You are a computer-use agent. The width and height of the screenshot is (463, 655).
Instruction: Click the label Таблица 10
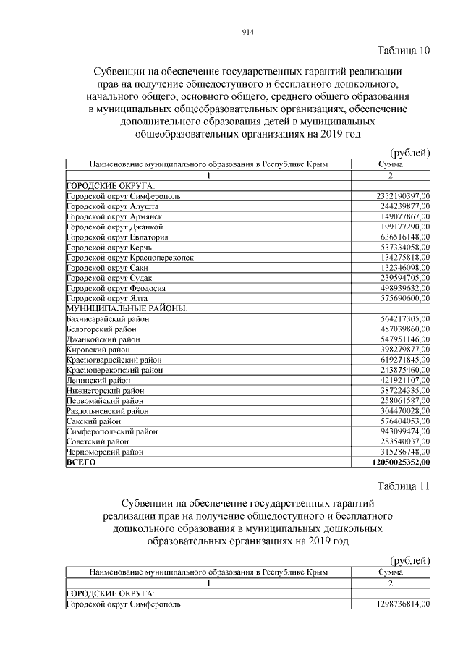pyautogui.click(x=404, y=50)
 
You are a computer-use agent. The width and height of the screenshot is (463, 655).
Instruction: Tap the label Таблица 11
pyautogui.click(x=404, y=485)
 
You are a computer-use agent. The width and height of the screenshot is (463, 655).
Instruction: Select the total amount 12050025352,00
pyautogui.click(x=391, y=461)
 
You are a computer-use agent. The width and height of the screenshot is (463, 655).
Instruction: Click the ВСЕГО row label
pyautogui.click(x=81, y=461)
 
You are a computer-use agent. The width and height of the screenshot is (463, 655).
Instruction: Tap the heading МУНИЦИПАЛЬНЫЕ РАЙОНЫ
pyautogui.click(x=127, y=308)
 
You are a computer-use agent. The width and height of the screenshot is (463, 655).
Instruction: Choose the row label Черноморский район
pyautogui.click(x=105, y=451)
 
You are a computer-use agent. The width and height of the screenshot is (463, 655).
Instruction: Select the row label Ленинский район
pyautogui.click(x=98, y=379)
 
